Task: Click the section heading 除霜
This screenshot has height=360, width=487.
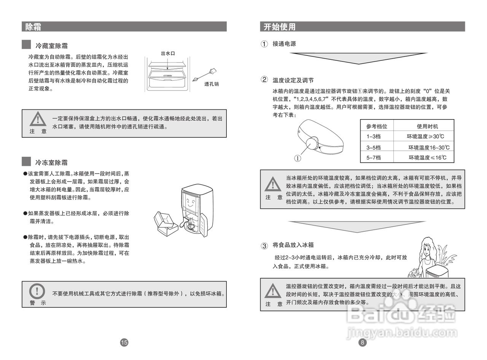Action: click(x=33, y=27)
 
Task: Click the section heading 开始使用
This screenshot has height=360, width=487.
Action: click(x=279, y=27)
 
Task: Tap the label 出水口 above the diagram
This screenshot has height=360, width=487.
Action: click(x=168, y=54)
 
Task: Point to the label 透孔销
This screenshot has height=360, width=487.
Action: click(x=212, y=84)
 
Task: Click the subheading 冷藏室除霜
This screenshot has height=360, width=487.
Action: click(x=51, y=46)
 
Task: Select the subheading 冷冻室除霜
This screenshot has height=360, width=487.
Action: click(x=51, y=162)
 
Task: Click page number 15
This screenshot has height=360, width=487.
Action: click(x=124, y=342)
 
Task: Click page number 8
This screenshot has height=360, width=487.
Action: click(x=363, y=342)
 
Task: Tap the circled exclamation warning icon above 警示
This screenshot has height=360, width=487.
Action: click(x=37, y=291)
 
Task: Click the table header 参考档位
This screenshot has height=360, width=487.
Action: click(x=377, y=126)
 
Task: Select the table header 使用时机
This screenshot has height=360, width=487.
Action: click(x=427, y=126)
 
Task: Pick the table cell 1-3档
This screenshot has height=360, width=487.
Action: click(x=374, y=136)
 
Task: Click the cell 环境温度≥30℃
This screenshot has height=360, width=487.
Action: click(x=425, y=136)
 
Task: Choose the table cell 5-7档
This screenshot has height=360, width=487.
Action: click(x=374, y=157)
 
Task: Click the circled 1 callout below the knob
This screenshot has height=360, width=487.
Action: click(x=298, y=158)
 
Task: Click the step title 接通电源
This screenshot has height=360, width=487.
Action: click(x=284, y=44)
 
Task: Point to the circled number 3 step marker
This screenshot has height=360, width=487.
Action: click(x=264, y=245)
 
